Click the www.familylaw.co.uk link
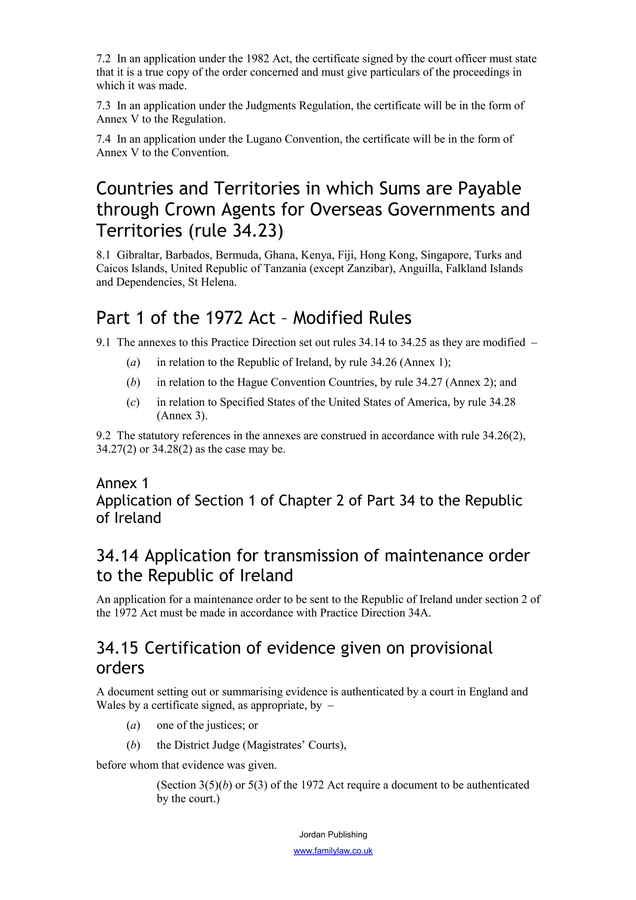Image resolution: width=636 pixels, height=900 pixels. (x=333, y=851)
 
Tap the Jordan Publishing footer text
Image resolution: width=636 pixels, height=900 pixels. (x=333, y=834)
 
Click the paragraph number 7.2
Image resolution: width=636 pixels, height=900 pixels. (x=103, y=59)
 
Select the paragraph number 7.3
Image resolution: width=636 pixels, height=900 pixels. (x=103, y=106)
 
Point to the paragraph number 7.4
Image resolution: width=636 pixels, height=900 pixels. (x=103, y=139)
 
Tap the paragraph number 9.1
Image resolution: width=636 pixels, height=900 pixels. (x=103, y=343)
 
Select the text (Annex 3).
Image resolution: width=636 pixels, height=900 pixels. (x=182, y=416)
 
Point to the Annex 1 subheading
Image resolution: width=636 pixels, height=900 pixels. (x=122, y=483)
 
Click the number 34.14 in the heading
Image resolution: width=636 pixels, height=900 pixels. (x=117, y=556)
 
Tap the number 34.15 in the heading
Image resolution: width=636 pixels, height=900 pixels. (x=117, y=648)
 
